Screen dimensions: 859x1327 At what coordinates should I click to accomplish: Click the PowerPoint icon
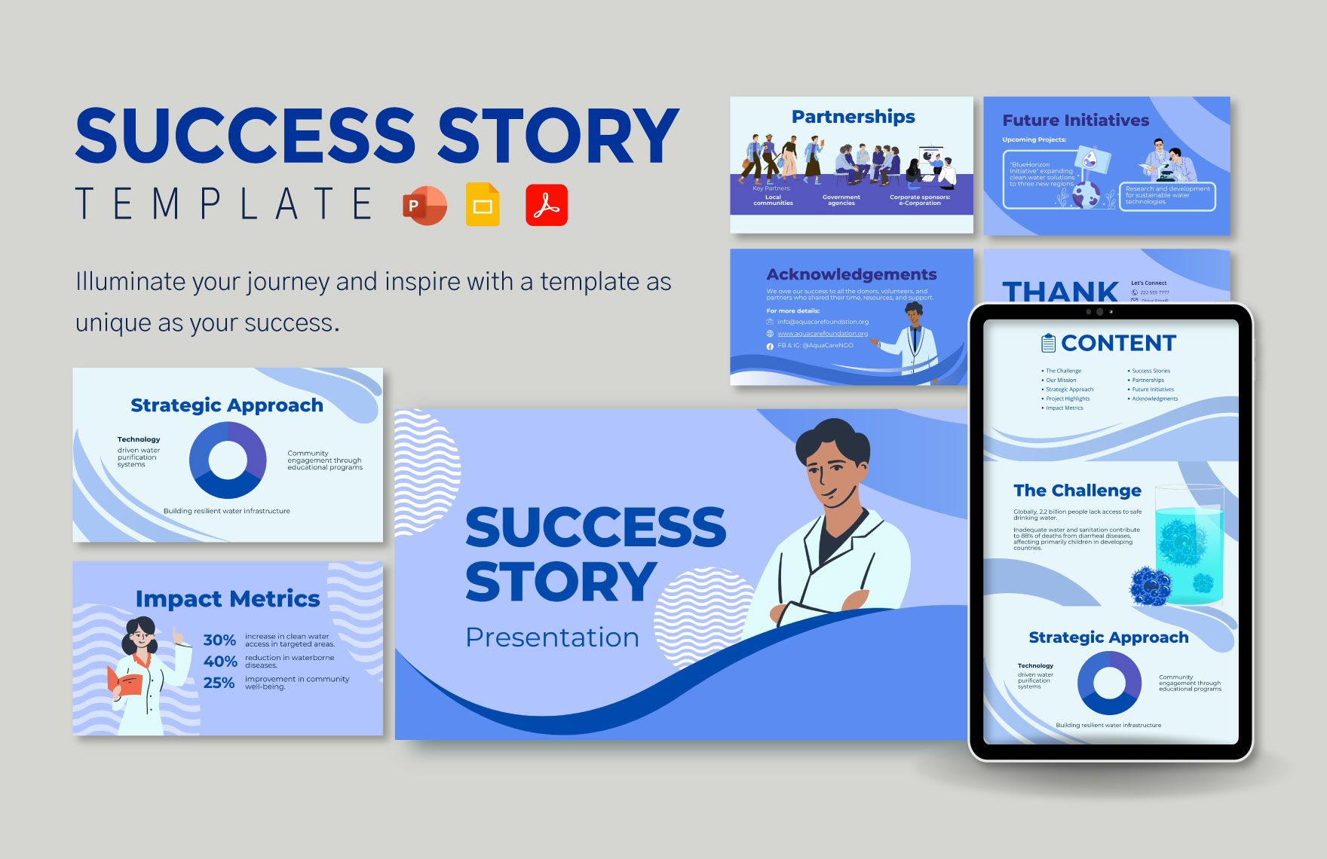point(425,205)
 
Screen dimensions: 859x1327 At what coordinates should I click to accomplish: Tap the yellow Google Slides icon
point(483,205)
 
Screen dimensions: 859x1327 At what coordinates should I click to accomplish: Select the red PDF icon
point(547,205)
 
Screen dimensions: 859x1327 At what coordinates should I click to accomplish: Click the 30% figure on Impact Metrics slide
point(219,640)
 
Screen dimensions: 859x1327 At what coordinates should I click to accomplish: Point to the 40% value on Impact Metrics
point(220,662)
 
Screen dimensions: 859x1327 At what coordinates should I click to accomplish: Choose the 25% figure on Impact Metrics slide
point(219,683)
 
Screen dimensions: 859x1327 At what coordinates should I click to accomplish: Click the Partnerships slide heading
point(853,117)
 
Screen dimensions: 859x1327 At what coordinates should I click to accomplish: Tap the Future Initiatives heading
point(1075,121)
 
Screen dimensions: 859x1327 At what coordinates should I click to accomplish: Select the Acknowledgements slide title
point(851,274)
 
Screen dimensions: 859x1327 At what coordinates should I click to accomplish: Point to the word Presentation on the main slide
point(552,637)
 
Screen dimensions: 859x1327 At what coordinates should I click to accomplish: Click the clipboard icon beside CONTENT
point(1048,344)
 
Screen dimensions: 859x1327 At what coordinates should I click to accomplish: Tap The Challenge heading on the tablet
point(1077,491)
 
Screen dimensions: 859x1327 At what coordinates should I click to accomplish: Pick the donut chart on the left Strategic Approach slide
point(228,460)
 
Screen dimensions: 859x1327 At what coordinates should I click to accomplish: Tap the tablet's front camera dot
point(1099,312)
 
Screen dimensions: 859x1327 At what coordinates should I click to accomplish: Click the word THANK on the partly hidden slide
point(1060,291)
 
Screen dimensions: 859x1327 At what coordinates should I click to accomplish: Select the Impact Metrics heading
point(228,599)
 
